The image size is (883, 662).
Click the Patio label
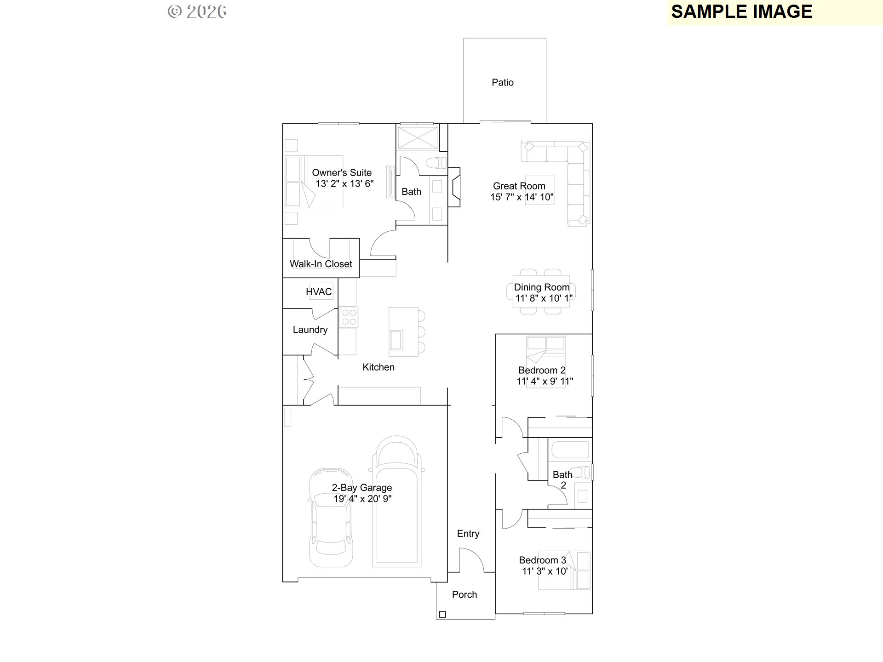502,83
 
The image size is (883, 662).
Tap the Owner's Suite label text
342,173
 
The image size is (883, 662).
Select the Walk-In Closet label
321,264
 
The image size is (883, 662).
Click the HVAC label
319,292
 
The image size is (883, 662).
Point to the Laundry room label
310,330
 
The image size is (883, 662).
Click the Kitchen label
378,367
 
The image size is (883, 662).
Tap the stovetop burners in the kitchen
349,317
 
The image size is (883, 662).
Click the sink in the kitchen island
396,340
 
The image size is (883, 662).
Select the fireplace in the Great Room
454,187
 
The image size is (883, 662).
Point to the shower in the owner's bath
418,138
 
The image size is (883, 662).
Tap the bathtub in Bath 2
570,450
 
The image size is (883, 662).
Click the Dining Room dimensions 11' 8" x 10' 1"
544,298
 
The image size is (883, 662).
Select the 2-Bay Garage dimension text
362,499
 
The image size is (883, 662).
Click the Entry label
468,534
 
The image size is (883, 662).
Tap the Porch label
464,594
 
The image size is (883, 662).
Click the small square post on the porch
442,614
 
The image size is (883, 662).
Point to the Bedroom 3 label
542,560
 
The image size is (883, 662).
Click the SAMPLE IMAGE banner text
741,12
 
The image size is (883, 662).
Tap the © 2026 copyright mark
197,11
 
